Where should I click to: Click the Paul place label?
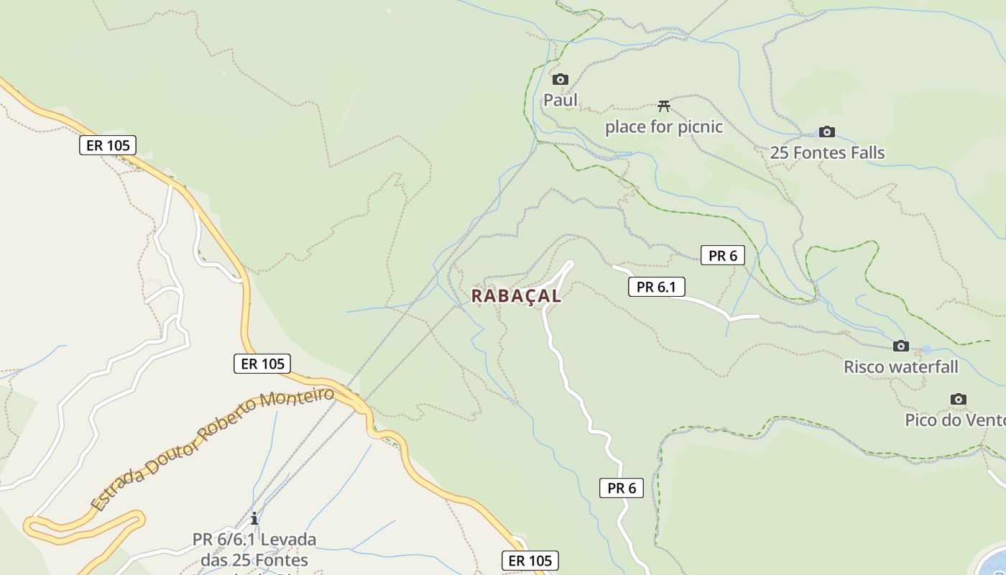(560, 100)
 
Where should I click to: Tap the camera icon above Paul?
(560, 79)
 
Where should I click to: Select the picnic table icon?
(664, 106)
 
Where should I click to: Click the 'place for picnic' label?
(663, 127)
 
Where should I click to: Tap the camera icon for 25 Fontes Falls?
(827, 132)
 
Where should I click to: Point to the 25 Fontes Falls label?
(827, 152)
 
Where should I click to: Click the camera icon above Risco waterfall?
(900, 346)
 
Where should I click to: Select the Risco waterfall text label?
(900, 367)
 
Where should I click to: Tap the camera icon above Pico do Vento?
(958, 400)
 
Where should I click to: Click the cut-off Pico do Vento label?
(955, 420)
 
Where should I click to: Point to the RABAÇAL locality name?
(516, 295)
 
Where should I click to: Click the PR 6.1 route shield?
(657, 287)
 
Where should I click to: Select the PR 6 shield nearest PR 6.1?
(722, 255)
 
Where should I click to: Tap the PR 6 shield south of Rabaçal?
(622, 488)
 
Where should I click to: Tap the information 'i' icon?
(254, 518)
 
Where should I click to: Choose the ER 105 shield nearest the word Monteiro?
(262, 364)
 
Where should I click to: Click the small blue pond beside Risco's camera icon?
(926, 350)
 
